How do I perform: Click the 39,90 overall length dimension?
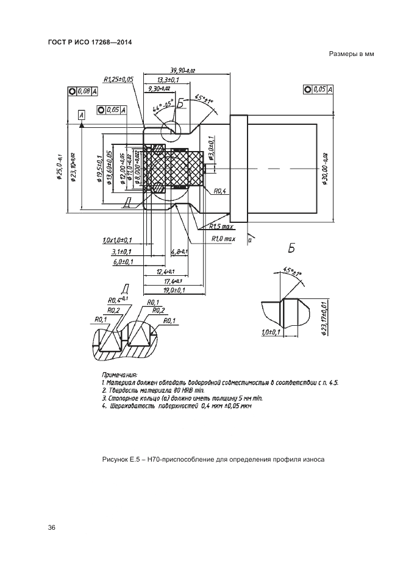click(x=182, y=71)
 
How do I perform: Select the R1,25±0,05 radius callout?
click(x=119, y=79)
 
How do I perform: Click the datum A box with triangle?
click(x=82, y=114)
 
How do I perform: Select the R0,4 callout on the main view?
click(x=220, y=191)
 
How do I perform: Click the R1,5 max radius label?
click(x=222, y=227)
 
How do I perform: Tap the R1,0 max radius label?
click(x=223, y=239)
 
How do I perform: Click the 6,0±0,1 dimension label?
click(x=123, y=262)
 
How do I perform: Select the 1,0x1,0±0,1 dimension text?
click(x=118, y=241)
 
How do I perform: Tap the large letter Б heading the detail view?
click(x=291, y=248)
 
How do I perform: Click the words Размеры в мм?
click(x=351, y=54)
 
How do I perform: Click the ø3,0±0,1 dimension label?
click(x=210, y=150)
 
